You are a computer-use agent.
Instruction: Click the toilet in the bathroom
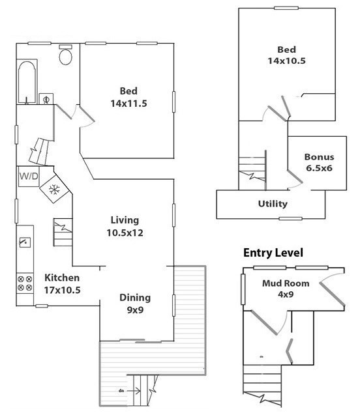click(66, 55)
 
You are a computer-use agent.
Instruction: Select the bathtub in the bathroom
click(27, 82)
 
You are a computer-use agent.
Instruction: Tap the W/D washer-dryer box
click(29, 177)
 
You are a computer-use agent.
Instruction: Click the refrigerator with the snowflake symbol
click(54, 189)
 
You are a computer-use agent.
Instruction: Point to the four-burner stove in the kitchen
click(25, 283)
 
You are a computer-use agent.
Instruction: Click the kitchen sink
click(25, 242)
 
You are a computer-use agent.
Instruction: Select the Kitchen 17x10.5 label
click(62, 283)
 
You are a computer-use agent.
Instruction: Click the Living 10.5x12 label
click(125, 226)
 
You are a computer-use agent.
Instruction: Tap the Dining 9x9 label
click(135, 304)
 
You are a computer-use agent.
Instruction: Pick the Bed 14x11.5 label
click(128, 97)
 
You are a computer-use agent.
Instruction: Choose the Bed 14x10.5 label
click(287, 55)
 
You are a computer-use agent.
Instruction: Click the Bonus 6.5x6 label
click(319, 162)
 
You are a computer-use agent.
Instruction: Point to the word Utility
click(273, 204)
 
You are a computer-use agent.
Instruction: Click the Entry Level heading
click(273, 253)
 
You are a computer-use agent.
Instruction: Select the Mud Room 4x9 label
click(286, 289)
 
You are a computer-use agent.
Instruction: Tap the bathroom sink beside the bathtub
click(46, 99)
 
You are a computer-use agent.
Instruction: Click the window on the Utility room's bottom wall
click(290, 219)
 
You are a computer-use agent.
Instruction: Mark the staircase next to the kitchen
click(63, 233)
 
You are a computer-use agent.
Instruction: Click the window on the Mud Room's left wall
click(243, 289)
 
